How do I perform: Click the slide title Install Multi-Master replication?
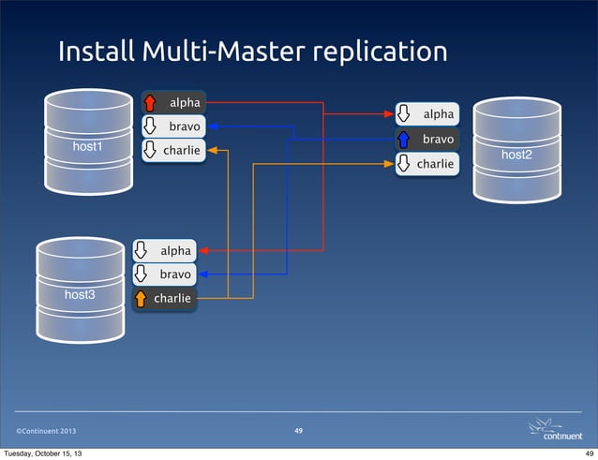pos(252,52)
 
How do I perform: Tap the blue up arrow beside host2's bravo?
pos(404,140)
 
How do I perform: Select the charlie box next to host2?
pos(427,164)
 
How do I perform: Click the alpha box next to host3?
pos(165,251)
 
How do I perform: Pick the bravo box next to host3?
pos(165,275)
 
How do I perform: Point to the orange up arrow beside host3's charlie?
pos(142,300)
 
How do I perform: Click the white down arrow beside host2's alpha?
pos(404,114)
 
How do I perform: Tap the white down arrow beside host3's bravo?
pos(142,275)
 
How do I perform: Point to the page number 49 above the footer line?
pos(298,430)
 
